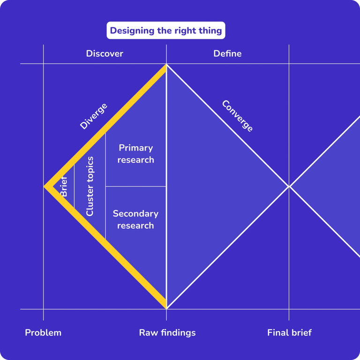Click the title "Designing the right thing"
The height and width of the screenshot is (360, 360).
[x=166, y=31]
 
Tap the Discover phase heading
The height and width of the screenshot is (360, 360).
[x=105, y=53]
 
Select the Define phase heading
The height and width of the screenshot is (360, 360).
[x=227, y=53]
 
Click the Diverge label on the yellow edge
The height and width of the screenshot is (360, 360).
[x=93, y=116]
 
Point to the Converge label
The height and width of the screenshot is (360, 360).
[x=237, y=116]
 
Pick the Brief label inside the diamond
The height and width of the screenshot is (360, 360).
[x=64, y=186]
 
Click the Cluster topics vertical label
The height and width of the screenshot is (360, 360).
[x=90, y=186]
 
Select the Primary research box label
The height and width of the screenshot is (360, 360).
[x=135, y=154]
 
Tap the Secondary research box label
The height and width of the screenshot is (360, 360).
[x=135, y=219]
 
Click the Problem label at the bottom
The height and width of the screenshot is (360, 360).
[x=43, y=333]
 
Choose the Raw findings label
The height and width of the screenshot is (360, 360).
[x=167, y=333]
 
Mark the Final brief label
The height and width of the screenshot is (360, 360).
[x=289, y=333]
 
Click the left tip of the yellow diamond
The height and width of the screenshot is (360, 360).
[x=46, y=187]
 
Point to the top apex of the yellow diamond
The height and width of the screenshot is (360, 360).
[x=165, y=66]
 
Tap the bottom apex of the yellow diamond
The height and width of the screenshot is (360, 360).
[x=165, y=307]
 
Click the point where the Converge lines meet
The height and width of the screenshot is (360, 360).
[x=289, y=187]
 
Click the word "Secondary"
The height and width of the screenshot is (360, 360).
[x=135, y=214]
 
